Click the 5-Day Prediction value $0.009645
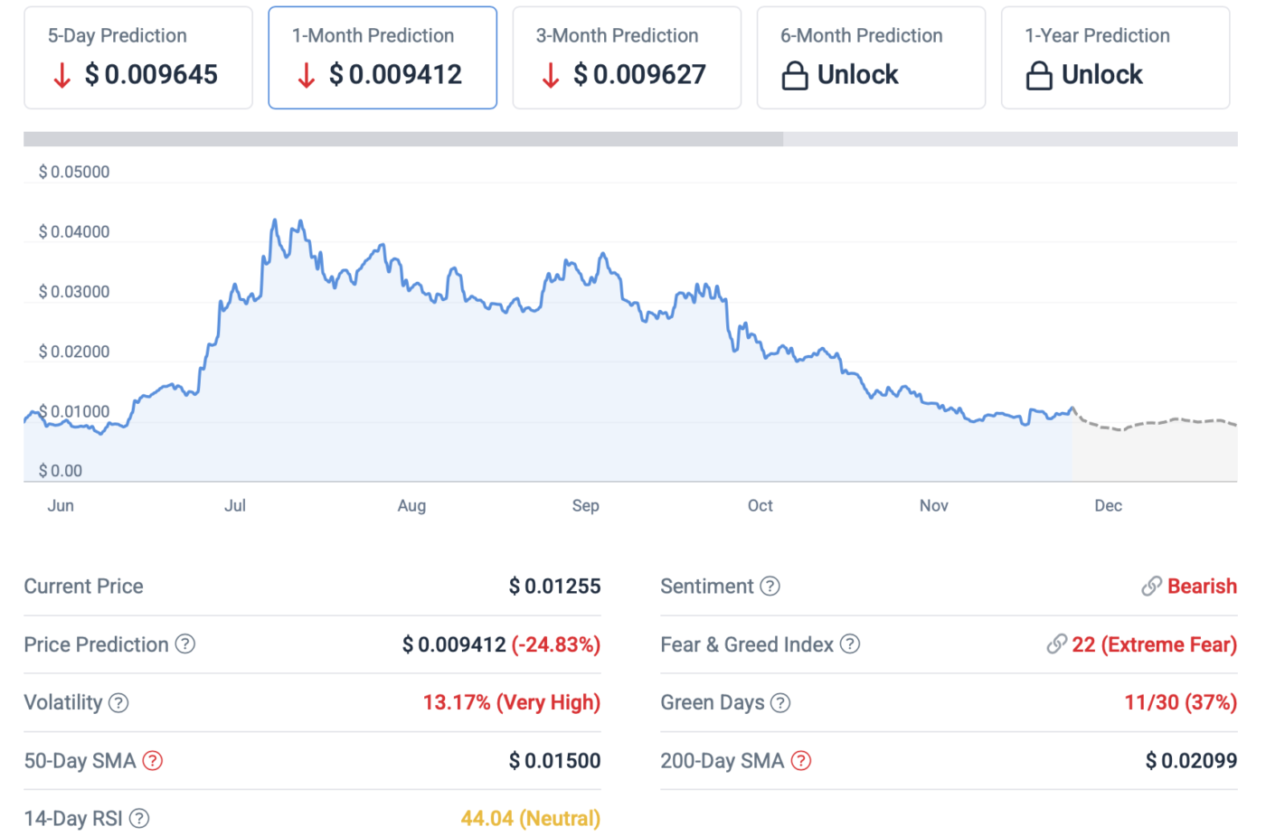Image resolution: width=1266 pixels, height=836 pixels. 151,74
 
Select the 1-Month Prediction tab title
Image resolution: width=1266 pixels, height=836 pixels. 373,35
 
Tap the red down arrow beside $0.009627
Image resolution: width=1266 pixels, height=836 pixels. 550,75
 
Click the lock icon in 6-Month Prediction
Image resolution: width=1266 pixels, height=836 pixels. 794,75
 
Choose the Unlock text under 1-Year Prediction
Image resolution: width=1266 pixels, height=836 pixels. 1101,74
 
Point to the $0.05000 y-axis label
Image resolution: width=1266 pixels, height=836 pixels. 74,172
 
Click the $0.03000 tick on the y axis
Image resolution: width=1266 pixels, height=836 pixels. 74,292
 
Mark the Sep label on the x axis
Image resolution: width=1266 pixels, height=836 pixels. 585,505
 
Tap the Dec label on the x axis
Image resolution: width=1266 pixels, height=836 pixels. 1108,505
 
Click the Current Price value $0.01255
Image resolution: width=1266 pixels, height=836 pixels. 554,587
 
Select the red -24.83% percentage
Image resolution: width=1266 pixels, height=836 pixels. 556,644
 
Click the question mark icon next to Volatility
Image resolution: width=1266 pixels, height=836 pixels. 118,703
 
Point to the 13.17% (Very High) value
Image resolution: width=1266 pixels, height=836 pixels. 512,702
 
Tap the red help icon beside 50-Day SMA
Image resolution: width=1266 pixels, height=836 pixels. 153,761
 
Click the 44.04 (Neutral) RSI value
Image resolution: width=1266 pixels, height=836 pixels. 530,818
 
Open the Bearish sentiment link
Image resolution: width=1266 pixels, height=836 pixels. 1201,587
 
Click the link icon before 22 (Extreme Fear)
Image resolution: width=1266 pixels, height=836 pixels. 1056,644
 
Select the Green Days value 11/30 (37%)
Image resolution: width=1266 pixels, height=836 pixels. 1180,702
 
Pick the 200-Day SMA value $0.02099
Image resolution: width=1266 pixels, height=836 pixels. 1191,761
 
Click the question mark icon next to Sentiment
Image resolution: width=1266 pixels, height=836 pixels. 770,587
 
